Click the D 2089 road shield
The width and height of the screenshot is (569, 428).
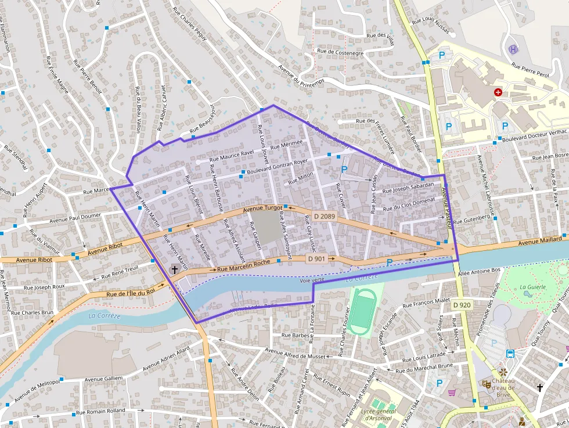324,216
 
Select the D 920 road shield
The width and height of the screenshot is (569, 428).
462,305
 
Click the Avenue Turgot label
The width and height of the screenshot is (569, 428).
262,208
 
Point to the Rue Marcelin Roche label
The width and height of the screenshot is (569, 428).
244,267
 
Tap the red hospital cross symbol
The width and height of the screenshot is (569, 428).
498,92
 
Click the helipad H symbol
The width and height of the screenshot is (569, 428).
513,49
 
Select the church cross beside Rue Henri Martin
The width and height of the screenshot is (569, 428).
174,269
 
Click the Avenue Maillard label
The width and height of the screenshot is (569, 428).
540,240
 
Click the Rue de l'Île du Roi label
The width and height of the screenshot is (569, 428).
131,292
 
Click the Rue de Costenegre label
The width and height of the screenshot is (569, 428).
340,52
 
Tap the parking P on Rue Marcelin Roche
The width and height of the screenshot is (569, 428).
390,262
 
